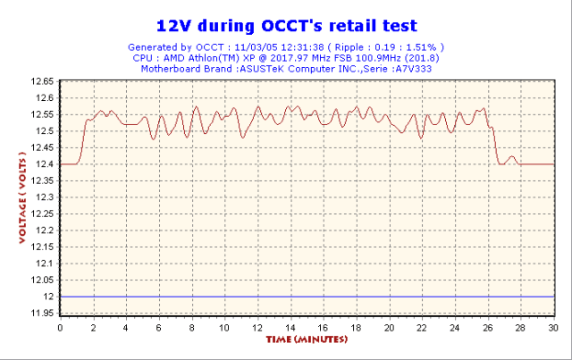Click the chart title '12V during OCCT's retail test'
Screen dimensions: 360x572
click(x=286, y=25)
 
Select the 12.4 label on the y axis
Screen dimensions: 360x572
click(x=44, y=163)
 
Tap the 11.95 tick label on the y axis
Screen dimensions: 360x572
click(x=41, y=314)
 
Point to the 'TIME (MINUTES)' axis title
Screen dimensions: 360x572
click(x=306, y=340)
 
